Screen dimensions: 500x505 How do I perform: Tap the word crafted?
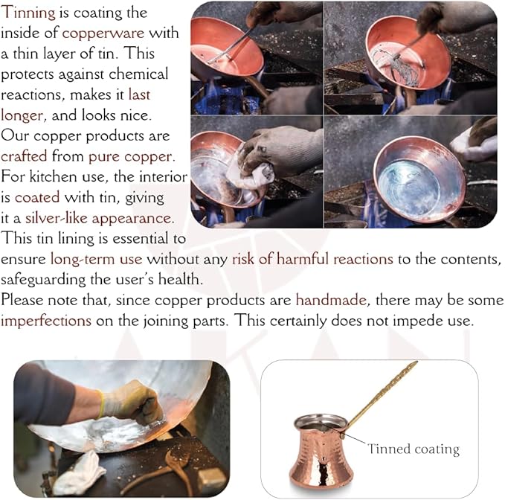coord(24,157)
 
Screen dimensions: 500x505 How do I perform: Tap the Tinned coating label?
coord(414,449)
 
